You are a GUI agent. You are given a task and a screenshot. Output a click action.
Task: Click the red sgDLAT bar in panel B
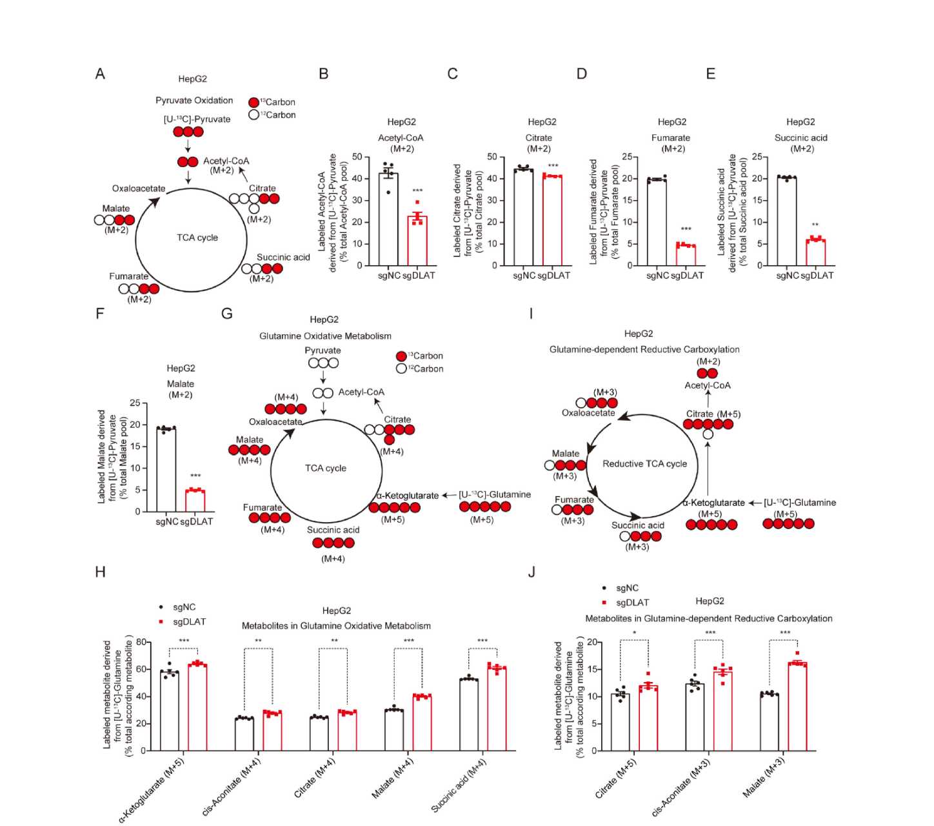pyautogui.click(x=417, y=241)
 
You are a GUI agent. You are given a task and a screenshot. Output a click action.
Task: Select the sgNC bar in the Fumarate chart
pyautogui.click(x=657, y=222)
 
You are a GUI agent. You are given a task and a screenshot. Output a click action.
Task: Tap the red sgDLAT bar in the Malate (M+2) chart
pyautogui.click(x=195, y=501)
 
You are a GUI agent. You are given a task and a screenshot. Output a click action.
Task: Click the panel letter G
pyautogui.click(x=226, y=314)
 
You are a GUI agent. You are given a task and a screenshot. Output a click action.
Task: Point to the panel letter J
pyautogui.click(x=532, y=572)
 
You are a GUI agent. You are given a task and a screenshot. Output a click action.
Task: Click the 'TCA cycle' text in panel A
pyautogui.click(x=197, y=237)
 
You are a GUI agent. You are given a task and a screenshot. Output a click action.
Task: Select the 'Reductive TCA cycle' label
pyautogui.click(x=644, y=463)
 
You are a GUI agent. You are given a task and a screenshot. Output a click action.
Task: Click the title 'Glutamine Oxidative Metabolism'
pyautogui.click(x=325, y=336)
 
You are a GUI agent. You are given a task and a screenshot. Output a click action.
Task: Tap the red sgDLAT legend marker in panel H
pyautogui.click(x=161, y=621)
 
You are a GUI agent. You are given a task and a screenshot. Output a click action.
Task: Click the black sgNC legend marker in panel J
pyautogui.click(x=604, y=588)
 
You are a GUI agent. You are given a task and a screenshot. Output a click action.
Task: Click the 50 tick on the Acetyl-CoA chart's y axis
pyautogui.click(x=357, y=157)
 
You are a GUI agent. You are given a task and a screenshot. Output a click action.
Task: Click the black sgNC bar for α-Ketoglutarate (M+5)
pyautogui.click(x=170, y=711)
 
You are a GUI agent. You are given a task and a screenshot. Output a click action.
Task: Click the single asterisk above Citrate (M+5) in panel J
pyautogui.click(x=635, y=633)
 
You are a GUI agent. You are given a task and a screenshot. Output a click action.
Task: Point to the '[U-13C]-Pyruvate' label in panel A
pyautogui.click(x=197, y=119)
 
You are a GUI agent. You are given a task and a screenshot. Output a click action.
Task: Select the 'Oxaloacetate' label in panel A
pyautogui.click(x=139, y=188)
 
